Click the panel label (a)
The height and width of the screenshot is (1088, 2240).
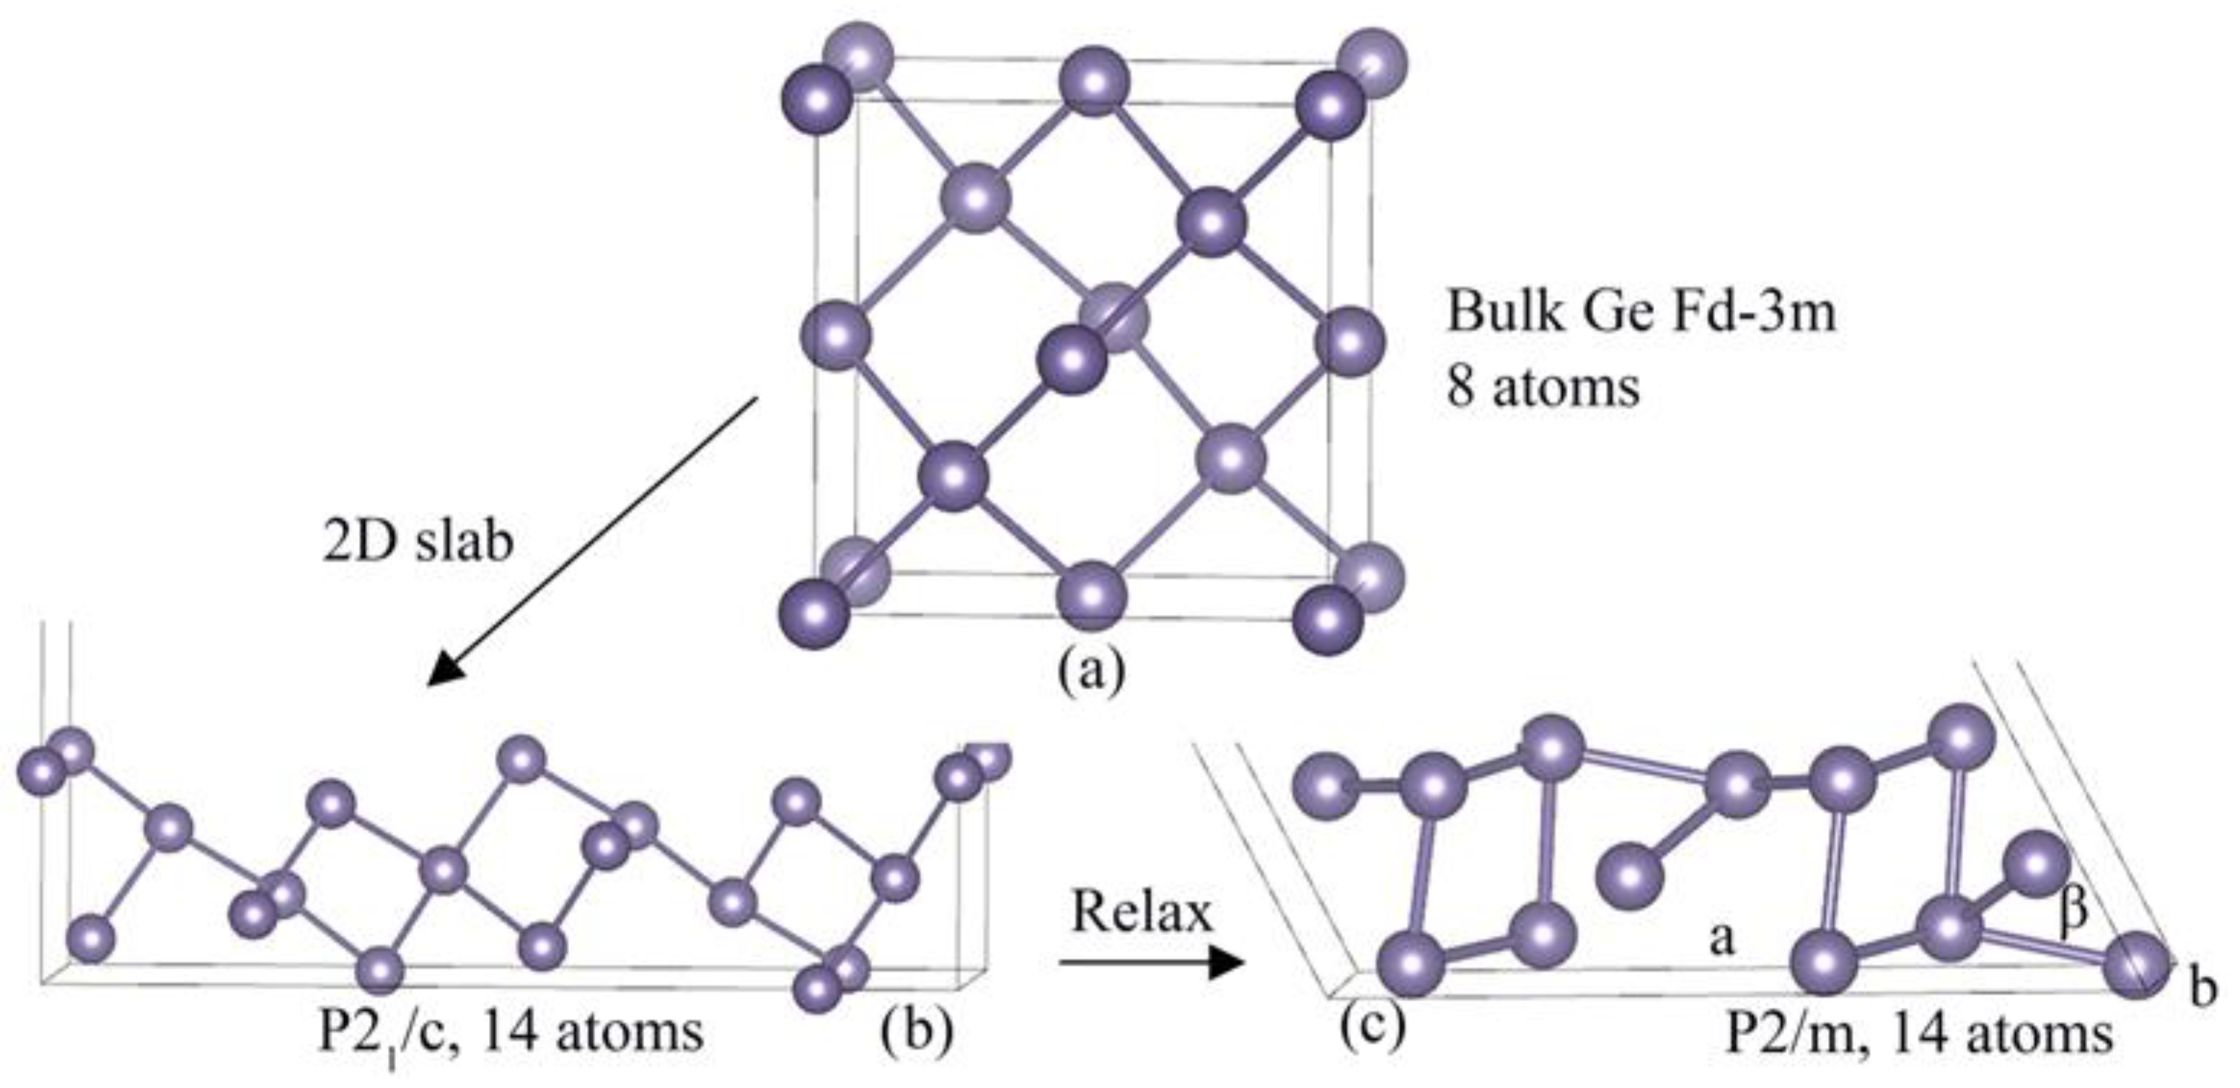1090,670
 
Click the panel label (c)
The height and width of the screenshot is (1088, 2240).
1371,1026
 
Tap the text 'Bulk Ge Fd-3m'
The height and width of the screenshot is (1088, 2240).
1641,312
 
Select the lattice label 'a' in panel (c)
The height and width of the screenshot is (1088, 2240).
1721,937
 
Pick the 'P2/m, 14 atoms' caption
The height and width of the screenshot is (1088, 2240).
1918,1034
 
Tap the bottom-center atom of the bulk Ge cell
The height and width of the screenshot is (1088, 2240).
1091,595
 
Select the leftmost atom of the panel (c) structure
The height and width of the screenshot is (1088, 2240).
1327,788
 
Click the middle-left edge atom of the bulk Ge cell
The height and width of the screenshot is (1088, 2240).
836,335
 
